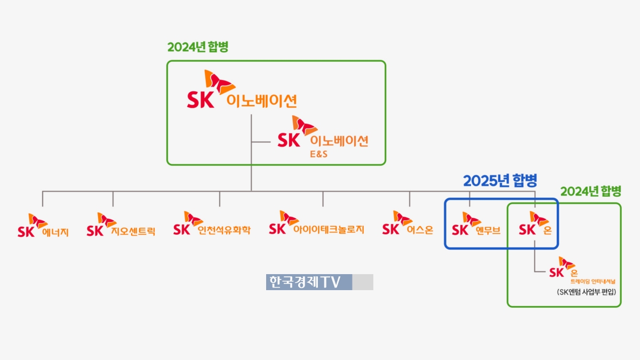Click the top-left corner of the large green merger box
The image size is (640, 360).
click(167, 61)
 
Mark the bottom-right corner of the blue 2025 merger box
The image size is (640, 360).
click(558, 249)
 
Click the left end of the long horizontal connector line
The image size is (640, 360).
click(42, 191)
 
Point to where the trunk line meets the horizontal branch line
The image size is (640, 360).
click(251, 191)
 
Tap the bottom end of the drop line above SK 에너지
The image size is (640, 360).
click(43, 206)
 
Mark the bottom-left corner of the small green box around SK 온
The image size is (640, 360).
click(508, 307)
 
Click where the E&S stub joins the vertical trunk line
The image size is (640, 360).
click(251, 142)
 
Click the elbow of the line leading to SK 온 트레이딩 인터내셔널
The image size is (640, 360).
click(534, 271)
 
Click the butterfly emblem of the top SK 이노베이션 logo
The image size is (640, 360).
click(220, 82)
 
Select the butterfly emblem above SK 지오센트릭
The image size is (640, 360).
click(107, 220)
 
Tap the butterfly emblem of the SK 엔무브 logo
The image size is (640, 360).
click(472, 219)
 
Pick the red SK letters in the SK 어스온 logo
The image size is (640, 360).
click(390, 229)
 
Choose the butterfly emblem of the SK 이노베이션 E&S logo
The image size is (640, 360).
click(305, 126)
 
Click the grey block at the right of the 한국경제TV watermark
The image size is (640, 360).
click(363, 282)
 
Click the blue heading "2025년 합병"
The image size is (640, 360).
click(500, 181)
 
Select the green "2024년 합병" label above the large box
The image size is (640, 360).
click(198, 47)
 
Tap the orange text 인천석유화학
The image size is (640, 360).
click(224, 230)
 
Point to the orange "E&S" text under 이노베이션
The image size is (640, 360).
click(319, 154)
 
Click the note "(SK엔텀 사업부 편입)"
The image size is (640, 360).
click(586, 292)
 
